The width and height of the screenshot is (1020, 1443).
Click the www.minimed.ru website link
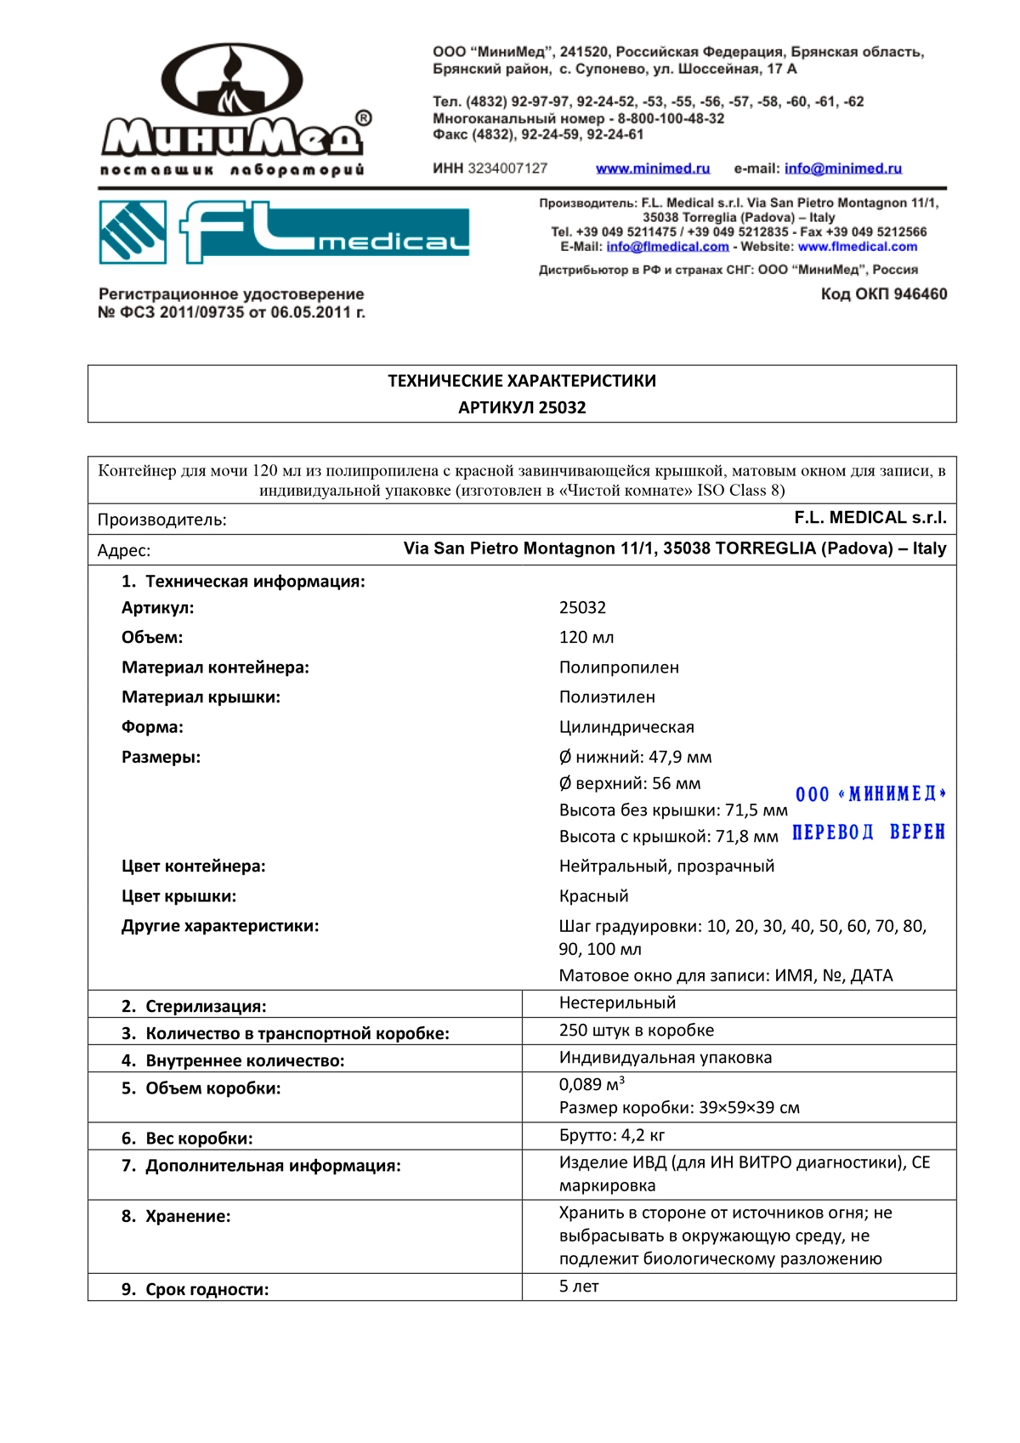[652, 168]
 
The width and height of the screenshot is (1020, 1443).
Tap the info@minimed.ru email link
[842, 168]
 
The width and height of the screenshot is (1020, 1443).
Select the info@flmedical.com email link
[667, 247]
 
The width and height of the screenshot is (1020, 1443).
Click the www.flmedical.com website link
[858, 247]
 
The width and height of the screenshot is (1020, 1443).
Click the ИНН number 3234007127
[507, 168]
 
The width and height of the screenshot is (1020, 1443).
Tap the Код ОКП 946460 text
[883, 294]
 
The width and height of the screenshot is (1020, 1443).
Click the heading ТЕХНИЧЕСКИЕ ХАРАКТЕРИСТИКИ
[522, 381]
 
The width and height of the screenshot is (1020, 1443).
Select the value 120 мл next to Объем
[586, 638]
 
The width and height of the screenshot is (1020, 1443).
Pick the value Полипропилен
[619, 668]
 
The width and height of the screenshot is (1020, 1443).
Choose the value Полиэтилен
[607, 697]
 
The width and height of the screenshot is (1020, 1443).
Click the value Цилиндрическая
[626, 727]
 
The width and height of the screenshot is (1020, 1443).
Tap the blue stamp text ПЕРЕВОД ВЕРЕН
[868, 832]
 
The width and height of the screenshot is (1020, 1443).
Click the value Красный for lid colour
[593, 896]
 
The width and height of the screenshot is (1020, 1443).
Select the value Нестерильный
[617, 1003]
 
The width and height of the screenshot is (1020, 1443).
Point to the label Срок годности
[207, 1289]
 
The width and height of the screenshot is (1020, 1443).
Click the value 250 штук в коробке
[636, 1031]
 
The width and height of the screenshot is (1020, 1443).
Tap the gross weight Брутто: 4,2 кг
[612, 1135]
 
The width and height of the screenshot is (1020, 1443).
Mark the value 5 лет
[579, 1287]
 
